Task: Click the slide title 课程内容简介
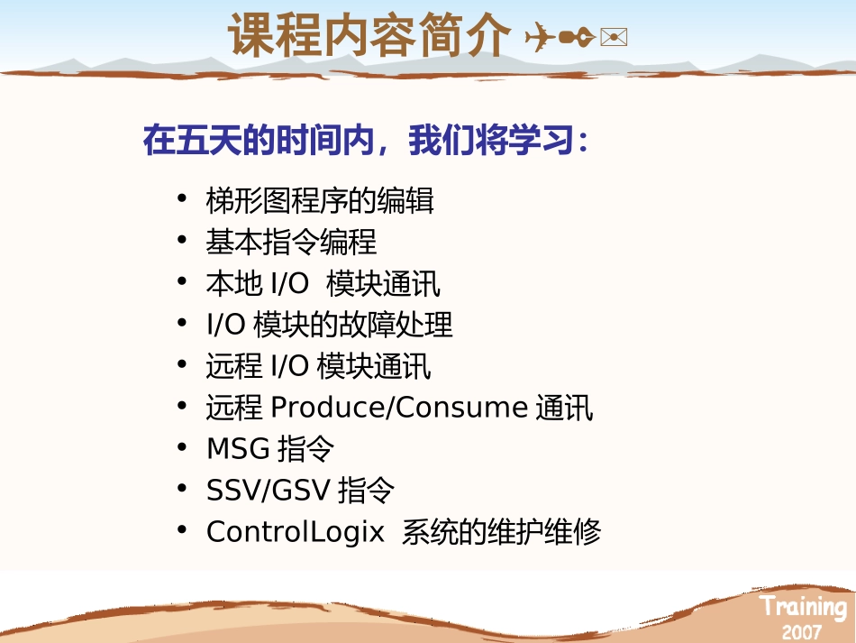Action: tap(369, 35)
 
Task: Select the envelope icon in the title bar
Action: tap(613, 37)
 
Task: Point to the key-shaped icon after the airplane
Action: tap(576, 37)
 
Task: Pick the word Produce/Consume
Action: tap(398, 408)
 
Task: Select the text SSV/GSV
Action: tap(268, 491)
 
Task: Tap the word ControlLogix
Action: tap(296, 532)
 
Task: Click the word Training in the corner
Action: tap(803, 607)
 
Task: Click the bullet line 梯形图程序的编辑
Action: tap(320, 200)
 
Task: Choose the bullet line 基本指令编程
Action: tap(291, 242)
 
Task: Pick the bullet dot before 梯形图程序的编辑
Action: tap(183, 197)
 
